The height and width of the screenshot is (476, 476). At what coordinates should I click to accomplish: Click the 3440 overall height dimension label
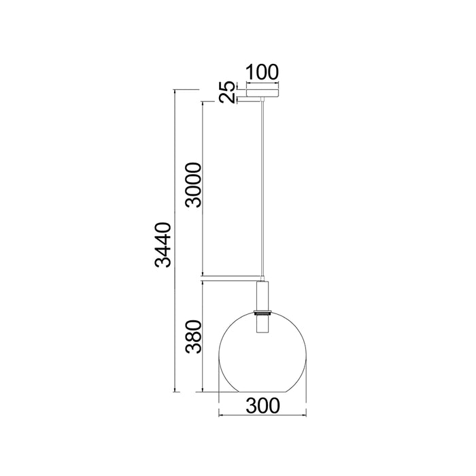[x=163, y=245]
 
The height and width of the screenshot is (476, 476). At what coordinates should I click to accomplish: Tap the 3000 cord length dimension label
[x=194, y=185]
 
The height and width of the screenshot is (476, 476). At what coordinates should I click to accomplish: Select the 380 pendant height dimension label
[x=194, y=337]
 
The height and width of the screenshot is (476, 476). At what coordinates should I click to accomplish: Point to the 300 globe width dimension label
[x=262, y=405]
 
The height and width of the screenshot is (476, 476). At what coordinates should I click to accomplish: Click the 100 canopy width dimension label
[x=262, y=72]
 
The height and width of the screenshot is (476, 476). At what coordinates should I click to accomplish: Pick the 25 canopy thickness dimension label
[x=228, y=92]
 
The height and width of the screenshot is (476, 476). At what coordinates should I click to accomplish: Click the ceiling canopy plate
[x=262, y=93]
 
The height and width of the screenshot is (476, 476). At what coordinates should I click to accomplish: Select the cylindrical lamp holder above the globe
[x=262, y=296]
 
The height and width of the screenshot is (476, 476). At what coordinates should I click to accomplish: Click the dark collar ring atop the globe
[x=262, y=312]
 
